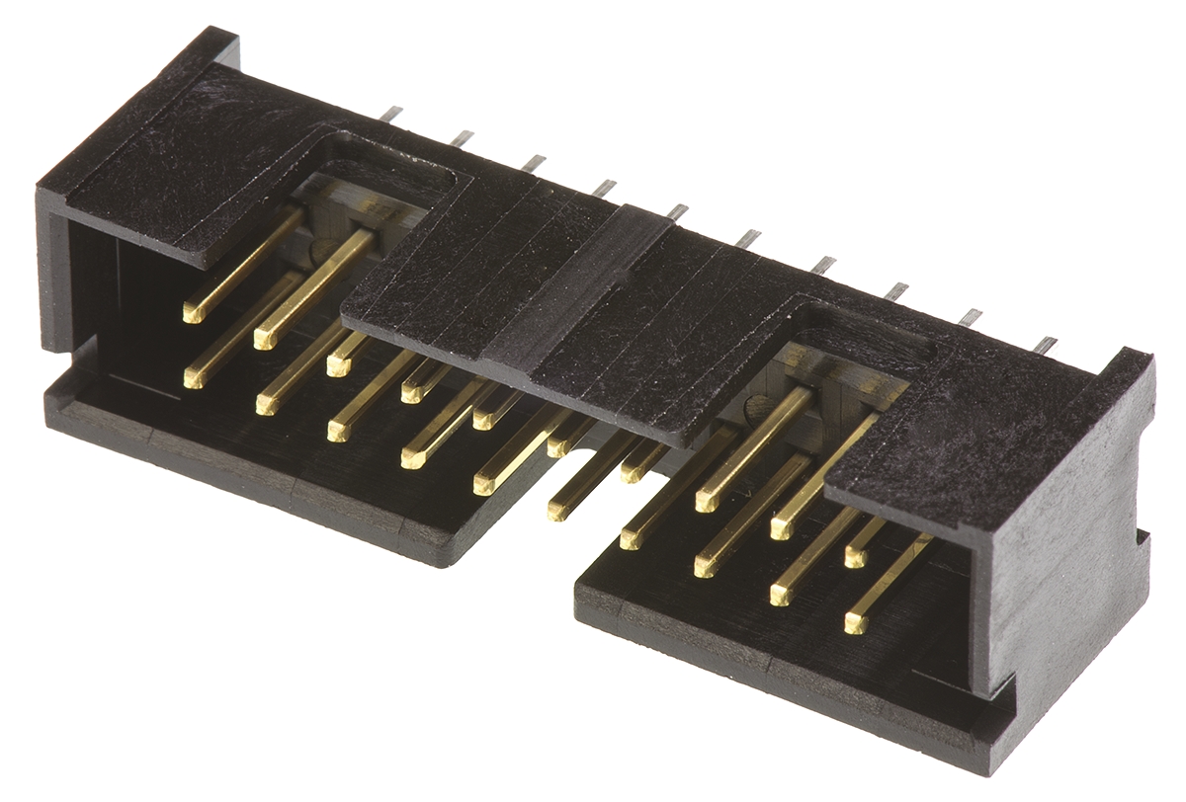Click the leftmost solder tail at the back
pos(392,114)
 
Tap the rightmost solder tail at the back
pos(1046,345)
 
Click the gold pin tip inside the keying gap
pos(557,510)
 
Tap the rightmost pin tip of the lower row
pos(856,623)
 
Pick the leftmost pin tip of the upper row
pos(193,314)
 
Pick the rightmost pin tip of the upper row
pos(855,558)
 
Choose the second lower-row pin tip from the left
pos(265,404)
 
